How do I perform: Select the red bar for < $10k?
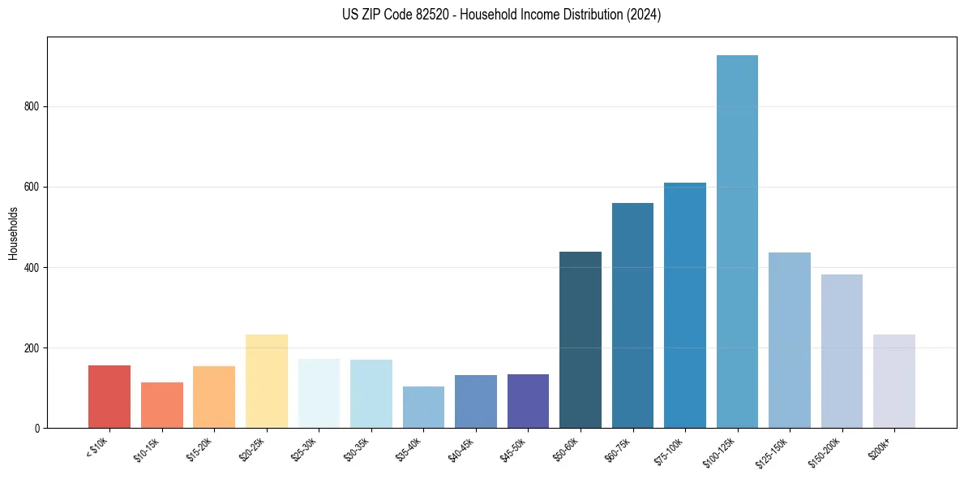pyautogui.click(x=109, y=397)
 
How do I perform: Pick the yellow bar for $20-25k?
pyautogui.click(x=267, y=382)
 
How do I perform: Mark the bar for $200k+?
pyautogui.click(x=894, y=382)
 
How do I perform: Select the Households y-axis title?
pyautogui.click(x=13, y=232)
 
